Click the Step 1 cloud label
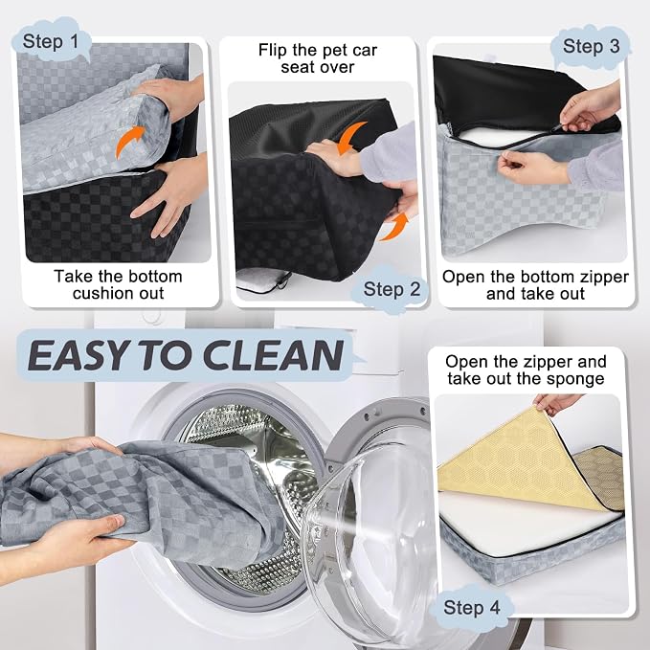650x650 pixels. pos(52,41)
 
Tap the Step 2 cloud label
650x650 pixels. pos(392,289)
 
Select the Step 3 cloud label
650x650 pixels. pos(591,46)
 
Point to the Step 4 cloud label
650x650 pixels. pos(471,608)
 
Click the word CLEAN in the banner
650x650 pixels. pos(273,355)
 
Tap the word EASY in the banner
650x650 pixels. pos(78,355)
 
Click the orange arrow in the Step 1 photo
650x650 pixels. pos(129,141)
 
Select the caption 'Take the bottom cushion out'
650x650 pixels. pos(118,284)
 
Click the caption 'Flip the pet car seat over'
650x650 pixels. pos(318,58)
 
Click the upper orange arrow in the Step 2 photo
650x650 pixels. pos(349,136)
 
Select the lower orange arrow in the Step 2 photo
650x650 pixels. pos(393,227)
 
